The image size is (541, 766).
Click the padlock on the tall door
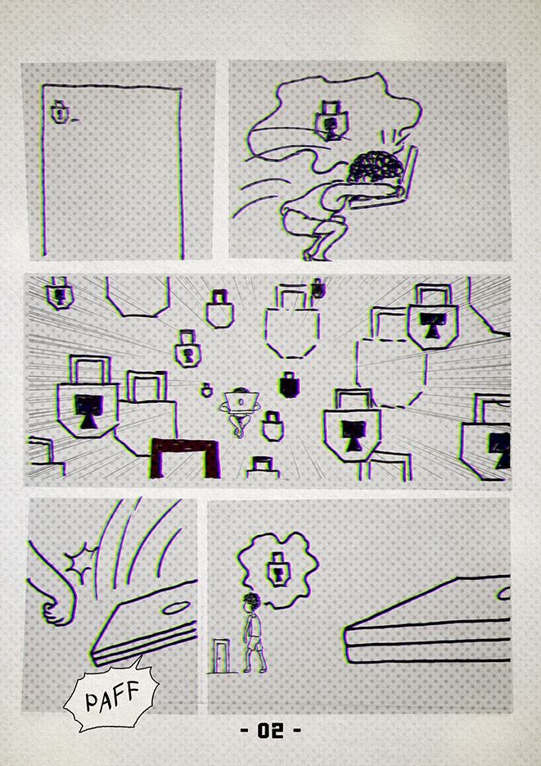point(59,112)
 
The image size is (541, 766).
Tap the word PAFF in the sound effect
point(112,696)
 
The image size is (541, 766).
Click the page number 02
point(270,730)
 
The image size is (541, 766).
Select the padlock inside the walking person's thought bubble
point(278,569)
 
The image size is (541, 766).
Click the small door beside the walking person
point(221,655)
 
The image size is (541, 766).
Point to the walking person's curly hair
point(252,599)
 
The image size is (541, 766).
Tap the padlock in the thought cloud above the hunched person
point(331,120)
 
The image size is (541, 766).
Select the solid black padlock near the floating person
point(289,384)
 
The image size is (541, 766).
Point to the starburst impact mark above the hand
point(82,562)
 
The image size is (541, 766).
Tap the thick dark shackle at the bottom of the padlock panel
point(184,457)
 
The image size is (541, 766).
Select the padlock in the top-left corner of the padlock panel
point(60,294)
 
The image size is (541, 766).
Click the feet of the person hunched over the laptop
point(317,255)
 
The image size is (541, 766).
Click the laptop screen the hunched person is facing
point(408,172)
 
